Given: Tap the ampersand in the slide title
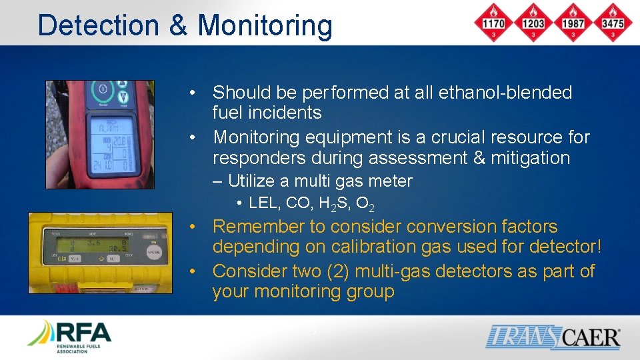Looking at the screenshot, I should [179, 25].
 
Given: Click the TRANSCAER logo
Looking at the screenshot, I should [553, 337].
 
